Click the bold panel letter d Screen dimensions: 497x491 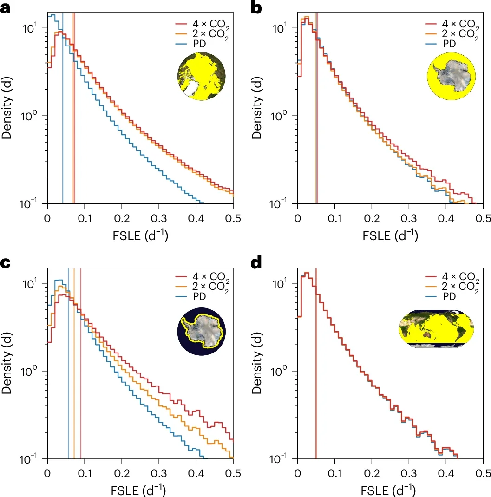(x=257, y=264)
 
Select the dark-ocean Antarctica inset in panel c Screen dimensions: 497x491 (x=200, y=333)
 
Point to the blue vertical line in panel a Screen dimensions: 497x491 (x=63, y=139)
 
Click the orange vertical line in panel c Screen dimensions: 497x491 (x=74, y=395)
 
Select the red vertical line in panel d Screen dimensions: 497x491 (x=316, y=395)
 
